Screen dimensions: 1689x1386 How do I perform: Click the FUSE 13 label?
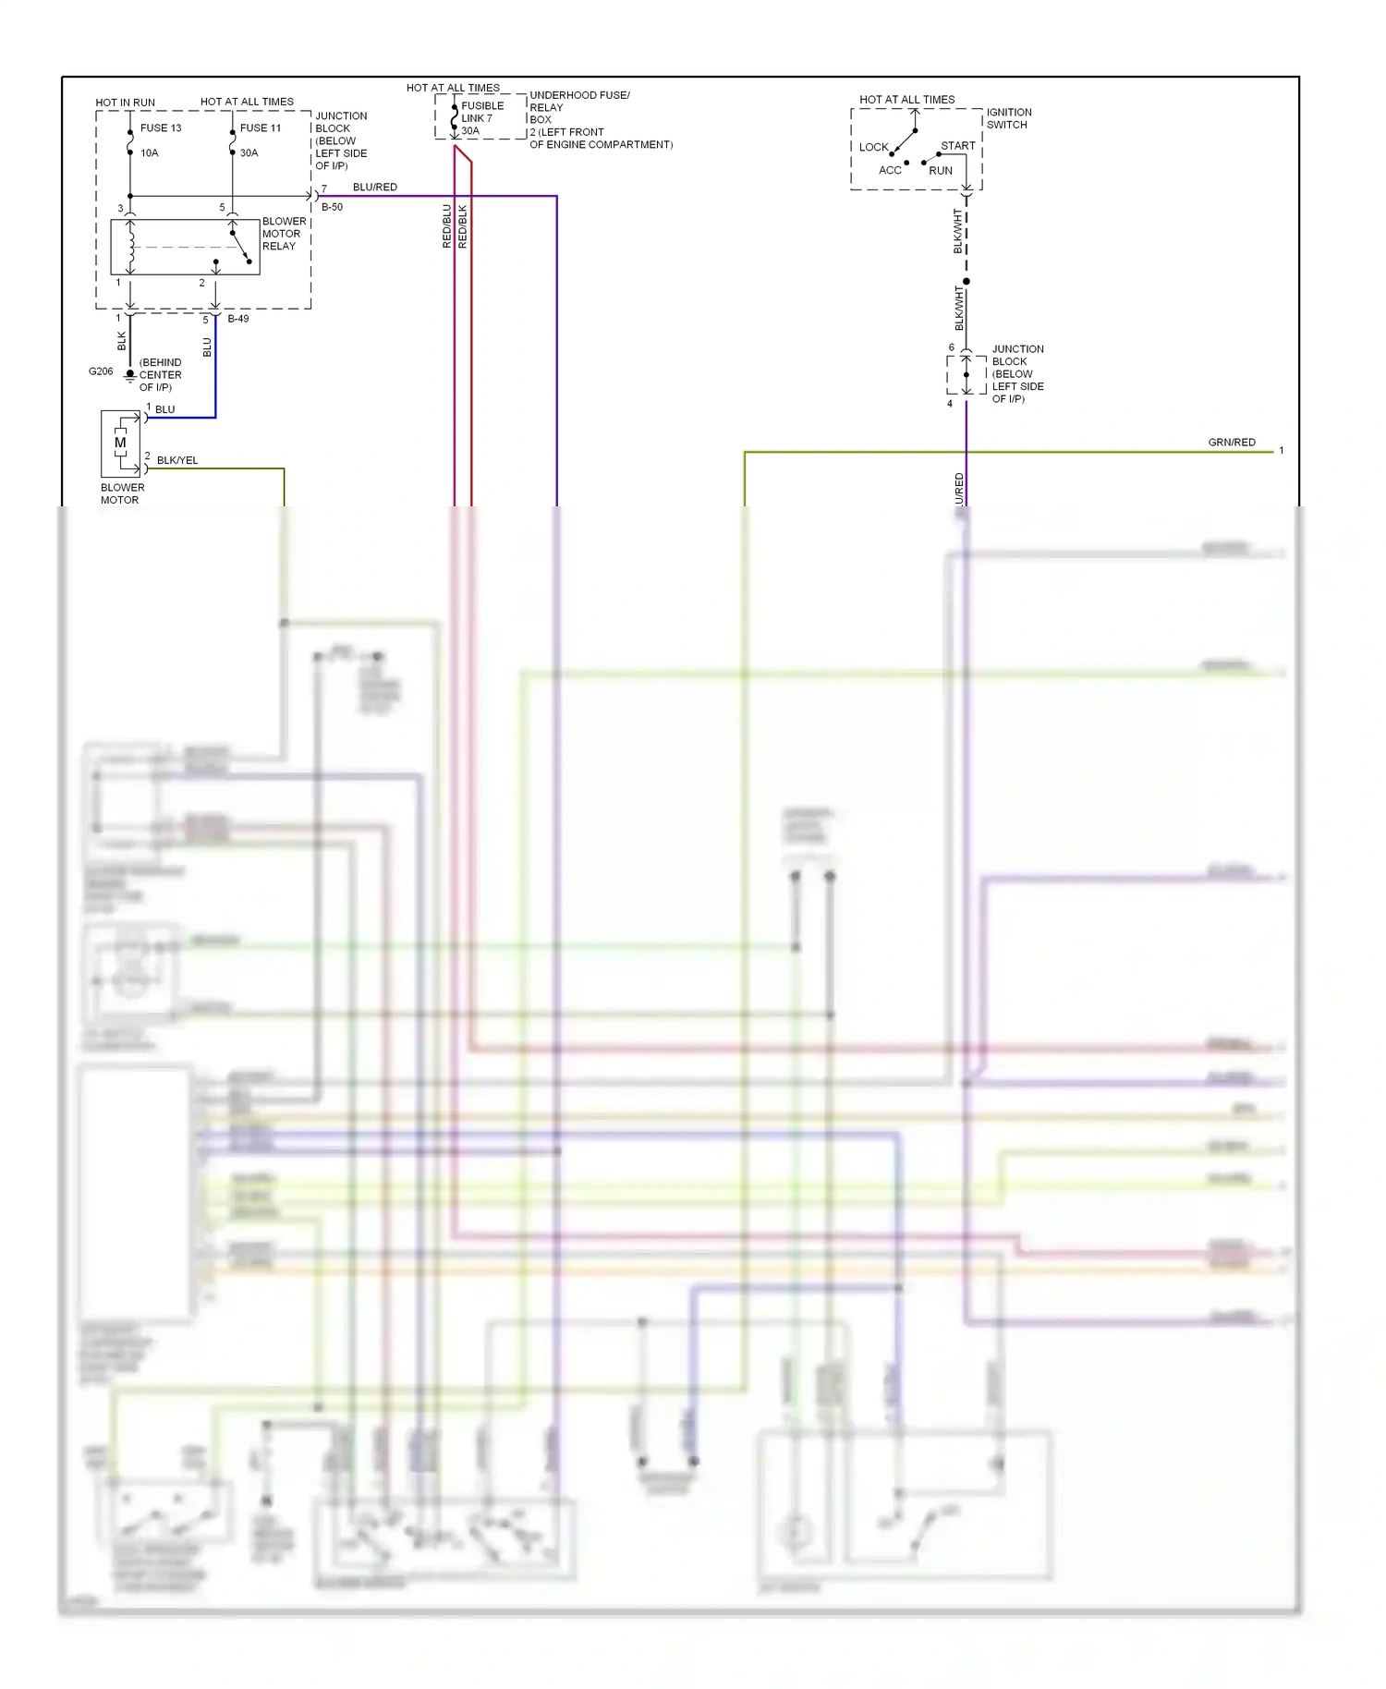point(161,128)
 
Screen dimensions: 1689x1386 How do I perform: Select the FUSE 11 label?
point(261,128)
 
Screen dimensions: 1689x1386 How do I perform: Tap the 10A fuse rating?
point(150,153)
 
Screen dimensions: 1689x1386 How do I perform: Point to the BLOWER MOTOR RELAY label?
point(284,234)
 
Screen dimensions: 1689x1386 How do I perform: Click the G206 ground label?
point(101,371)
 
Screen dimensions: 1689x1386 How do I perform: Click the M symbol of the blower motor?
point(120,443)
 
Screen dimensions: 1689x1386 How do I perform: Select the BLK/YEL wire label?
point(177,460)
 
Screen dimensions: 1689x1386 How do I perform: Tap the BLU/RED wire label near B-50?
point(375,188)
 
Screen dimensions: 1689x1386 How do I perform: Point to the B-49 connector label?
point(238,319)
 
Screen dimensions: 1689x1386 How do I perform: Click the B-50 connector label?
point(333,208)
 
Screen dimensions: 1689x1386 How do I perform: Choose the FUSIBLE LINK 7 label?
point(481,112)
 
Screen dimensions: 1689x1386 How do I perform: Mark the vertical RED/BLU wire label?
point(447,226)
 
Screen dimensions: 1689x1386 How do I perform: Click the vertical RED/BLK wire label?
point(463,226)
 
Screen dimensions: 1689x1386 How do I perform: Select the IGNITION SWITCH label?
point(1008,118)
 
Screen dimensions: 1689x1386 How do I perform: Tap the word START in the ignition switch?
point(958,146)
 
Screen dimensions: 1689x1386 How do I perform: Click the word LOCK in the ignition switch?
point(873,148)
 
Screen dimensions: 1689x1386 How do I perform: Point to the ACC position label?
point(890,171)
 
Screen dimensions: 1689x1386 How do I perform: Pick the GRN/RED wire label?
point(1232,443)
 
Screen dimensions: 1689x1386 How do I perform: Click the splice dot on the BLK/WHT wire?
point(967,281)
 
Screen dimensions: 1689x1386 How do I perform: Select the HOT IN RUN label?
point(126,103)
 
